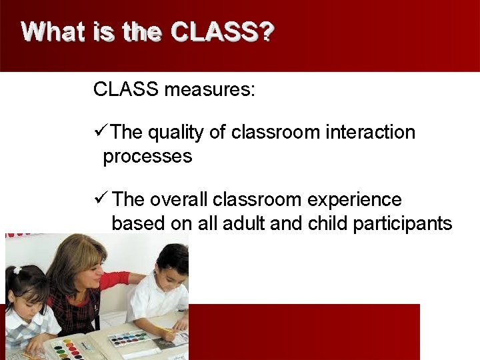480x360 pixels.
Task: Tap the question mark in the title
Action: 267,32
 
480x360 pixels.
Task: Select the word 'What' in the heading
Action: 53,32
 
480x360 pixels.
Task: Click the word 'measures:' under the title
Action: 210,89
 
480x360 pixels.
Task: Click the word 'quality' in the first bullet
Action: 175,133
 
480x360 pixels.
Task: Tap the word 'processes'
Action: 147,157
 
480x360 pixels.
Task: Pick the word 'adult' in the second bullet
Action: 244,223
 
